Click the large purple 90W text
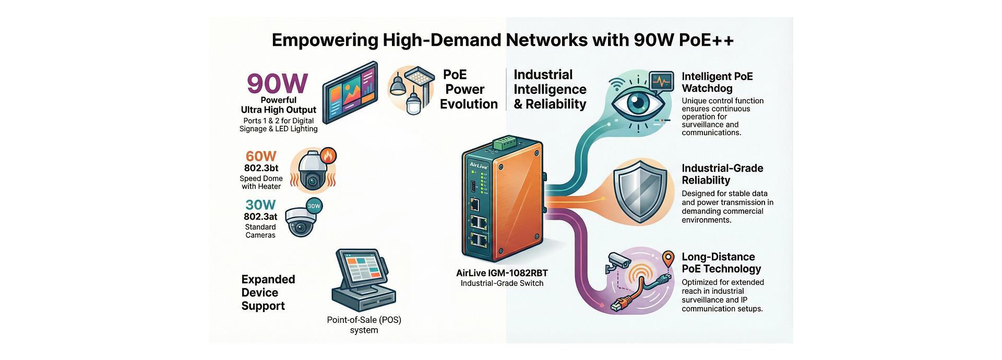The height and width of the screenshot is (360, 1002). [277, 83]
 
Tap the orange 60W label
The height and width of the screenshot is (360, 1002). [261, 156]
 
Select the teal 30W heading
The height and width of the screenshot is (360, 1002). [260, 205]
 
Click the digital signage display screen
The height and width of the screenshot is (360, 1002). [350, 92]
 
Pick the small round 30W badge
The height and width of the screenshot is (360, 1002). [314, 206]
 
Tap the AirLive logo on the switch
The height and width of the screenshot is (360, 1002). [479, 165]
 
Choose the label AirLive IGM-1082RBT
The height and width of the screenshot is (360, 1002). [502, 273]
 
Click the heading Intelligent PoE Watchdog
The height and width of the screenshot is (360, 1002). [717, 82]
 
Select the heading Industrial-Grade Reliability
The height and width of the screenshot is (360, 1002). [722, 174]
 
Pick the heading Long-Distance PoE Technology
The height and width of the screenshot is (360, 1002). [721, 263]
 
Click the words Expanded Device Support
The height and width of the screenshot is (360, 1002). [268, 293]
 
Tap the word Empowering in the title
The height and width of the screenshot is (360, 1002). [325, 40]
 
